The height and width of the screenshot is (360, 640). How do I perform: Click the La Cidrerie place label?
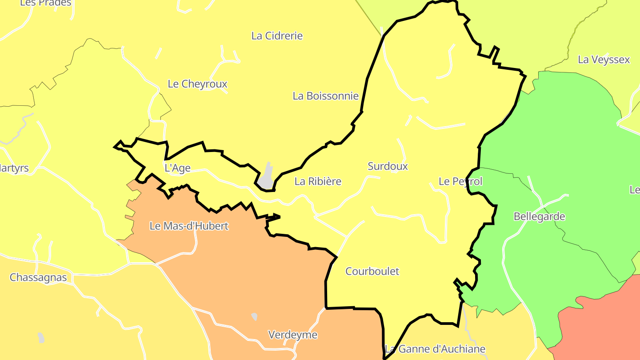click(x=277, y=36)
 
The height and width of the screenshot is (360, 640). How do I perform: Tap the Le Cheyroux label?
click(x=197, y=84)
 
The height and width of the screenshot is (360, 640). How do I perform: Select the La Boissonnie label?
click(x=325, y=96)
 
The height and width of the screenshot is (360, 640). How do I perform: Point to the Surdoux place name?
click(x=388, y=166)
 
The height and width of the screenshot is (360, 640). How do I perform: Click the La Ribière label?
click(x=318, y=181)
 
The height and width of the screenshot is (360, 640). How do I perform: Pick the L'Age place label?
click(x=177, y=168)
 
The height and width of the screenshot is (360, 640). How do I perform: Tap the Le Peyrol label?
click(x=460, y=181)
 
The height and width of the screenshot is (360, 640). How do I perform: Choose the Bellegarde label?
click(x=539, y=217)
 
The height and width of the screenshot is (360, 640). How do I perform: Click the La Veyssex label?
click(x=604, y=60)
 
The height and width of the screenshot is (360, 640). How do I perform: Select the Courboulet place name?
click(x=372, y=271)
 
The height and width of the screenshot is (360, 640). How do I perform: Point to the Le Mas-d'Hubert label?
click(x=189, y=226)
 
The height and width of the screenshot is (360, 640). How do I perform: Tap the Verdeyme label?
click(x=293, y=335)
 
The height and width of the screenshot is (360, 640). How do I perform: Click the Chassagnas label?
click(x=38, y=278)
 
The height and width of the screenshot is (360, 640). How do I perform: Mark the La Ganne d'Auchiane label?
click(x=435, y=349)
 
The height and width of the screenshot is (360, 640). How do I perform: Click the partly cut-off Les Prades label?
click(x=45, y=3)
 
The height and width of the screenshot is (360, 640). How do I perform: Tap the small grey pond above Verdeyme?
click(x=254, y=316)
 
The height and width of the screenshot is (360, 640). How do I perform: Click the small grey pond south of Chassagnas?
click(x=41, y=338)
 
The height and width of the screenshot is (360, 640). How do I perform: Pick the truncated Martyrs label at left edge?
click(x=14, y=168)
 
